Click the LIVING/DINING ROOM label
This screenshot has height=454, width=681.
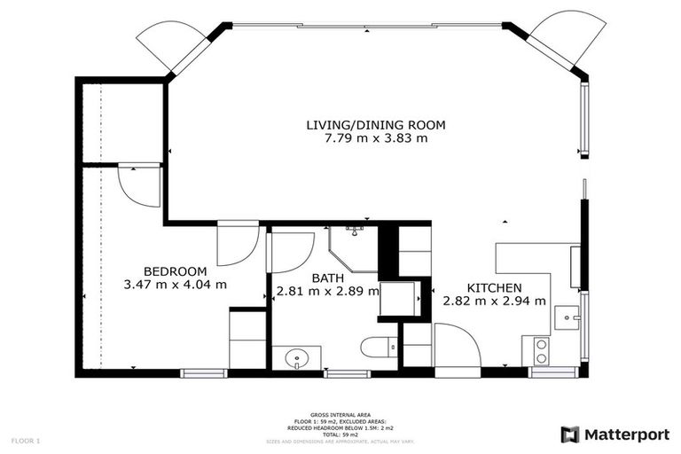tap(375, 125)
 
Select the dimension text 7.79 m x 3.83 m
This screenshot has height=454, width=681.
tap(375, 138)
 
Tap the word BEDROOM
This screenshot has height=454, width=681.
tap(176, 271)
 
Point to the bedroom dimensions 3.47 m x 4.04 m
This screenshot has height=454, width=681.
tap(176, 285)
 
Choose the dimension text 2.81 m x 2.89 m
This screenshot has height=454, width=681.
tap(327, 290)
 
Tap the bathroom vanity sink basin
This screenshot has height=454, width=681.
tap(294, 358)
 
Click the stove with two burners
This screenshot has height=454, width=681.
tap(539, 351)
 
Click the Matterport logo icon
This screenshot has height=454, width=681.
tap(570, 434)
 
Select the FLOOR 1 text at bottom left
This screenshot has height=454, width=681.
tap(25, 440)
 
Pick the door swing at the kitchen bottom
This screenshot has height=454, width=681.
tap(456, 345)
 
